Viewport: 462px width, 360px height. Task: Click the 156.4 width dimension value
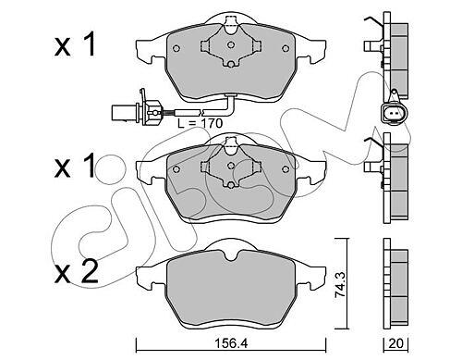(x=232, y=343)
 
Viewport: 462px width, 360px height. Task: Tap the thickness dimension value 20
(x=395, y=343)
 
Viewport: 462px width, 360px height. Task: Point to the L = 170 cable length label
(x=200, y=123)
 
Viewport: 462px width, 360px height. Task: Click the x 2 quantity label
(x=77, y=272)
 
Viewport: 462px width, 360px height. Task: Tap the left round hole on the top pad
(x=176, y=48)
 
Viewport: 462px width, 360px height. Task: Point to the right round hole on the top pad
(x=286, y=48)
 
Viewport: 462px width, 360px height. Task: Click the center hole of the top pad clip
(x=231, y=44)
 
